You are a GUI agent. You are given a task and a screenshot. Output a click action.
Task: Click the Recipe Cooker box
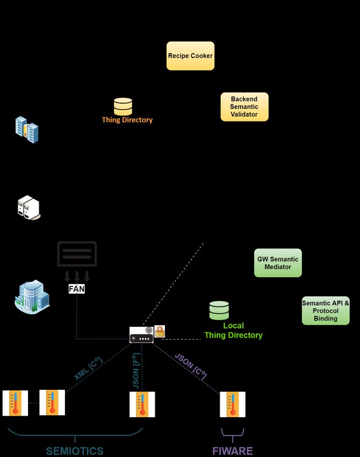[190, 56]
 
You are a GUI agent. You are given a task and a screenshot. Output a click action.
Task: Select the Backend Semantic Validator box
[244, 106]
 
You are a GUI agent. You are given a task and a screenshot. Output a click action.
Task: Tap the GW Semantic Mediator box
[278, 263]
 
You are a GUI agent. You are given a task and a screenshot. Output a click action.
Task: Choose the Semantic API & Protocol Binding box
[326, 311]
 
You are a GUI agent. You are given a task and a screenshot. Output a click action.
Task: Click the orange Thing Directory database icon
[123, 106]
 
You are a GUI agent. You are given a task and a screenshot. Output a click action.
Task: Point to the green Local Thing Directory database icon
[219, 310]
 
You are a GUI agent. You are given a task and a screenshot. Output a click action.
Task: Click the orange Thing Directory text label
[127, 120]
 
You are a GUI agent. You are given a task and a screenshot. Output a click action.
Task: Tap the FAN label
[77, 289]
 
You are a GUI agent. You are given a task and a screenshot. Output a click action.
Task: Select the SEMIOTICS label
[75, 451]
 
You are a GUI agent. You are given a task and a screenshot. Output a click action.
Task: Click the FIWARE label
[233, 451]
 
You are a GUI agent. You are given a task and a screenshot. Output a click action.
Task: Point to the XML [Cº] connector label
[88, 368]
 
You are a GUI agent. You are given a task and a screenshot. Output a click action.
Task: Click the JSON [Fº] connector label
[136, 371]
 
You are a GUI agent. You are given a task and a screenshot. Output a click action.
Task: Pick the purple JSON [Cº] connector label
[191, 366]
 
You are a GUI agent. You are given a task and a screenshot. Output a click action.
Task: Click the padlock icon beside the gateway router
[160, 331]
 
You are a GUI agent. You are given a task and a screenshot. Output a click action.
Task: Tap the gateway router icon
[141, 335]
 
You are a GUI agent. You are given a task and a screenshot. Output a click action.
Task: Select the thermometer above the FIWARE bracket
[233, 404]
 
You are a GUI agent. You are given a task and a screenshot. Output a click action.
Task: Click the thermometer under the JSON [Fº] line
[142, 404]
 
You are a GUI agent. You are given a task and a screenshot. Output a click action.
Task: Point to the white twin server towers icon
[28, 208]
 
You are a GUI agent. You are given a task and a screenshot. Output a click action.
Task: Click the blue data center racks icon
[27, 130]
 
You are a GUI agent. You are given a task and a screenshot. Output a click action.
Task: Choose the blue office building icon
[32, 297]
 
